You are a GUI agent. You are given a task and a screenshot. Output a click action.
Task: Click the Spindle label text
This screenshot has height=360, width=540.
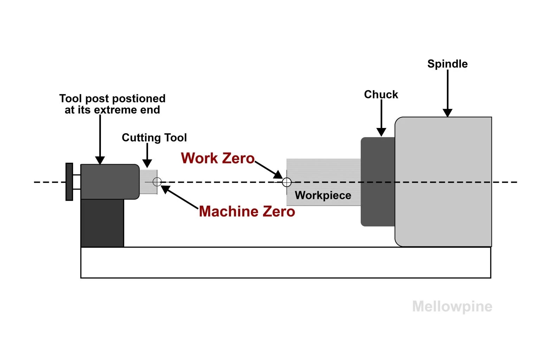pyautogui.click(x=447, y=64)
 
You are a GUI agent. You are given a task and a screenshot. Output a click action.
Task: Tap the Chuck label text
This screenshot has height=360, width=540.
pyautogui.click(x=381, y=95)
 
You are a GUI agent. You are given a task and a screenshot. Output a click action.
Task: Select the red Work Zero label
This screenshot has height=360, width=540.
pyautogui.click(x=218, y=158)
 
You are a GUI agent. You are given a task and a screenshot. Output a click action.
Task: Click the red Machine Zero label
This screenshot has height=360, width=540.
pyautogui.click(x=247, y=212)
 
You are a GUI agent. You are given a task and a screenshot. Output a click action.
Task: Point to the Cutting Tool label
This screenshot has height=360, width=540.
pyautogui.click(x=154, y=137)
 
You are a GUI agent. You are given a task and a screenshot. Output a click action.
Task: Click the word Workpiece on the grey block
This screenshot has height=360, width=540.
pyautogui.click(x=323, y=195)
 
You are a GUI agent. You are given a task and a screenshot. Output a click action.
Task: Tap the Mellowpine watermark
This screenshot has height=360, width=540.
pyautogui.click(x=452, y=306)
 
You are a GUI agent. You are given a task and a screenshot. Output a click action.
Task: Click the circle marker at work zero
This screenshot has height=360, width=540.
pyautogui.click(x=287, y=182)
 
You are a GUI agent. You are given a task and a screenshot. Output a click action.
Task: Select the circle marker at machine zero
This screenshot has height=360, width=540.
pyautogui.click(x=157, y=182)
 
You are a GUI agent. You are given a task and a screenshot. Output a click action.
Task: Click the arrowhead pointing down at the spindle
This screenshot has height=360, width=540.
pyautogui.click(x=447, y=113)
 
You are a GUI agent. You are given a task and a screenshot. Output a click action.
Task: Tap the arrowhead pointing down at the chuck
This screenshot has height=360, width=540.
pyautogui.click(x=381, y=132)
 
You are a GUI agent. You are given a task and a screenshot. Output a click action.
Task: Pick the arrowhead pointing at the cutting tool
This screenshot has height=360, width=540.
pyautogui.click(x=147, y=163)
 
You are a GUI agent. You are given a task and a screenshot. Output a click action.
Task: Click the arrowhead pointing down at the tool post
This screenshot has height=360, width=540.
pyautogui.click(x=100, y=160)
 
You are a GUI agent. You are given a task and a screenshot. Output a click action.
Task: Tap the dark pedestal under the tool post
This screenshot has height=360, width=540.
pyautogui.click(x=102, y=223)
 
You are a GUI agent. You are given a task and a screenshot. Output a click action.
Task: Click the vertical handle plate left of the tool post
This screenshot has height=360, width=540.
pyautogui.click(x=69, y=182)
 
